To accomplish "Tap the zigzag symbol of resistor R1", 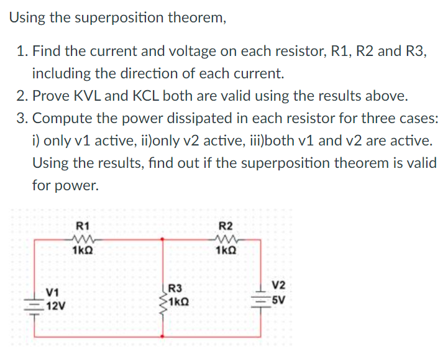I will click(x=82, y=238).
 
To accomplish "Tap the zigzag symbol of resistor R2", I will click(x=225, y=238).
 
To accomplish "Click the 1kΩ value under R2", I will click(x=226, y=251).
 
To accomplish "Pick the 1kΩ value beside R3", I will click(x=181, y=300).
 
